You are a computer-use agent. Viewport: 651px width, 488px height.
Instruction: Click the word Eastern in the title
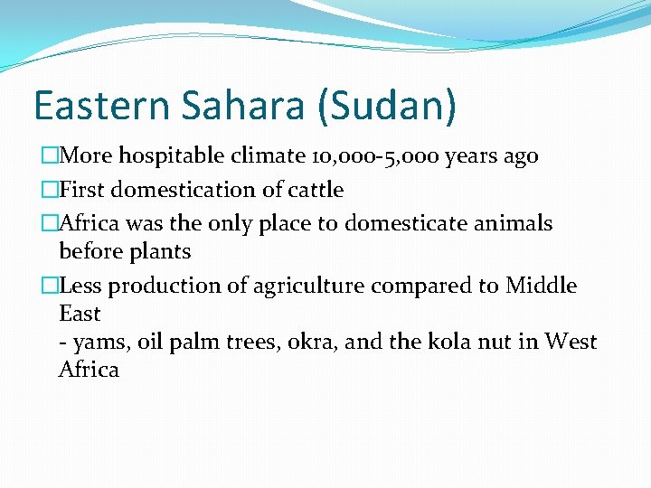tap(100, 106)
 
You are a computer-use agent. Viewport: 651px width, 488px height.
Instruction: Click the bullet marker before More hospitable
tap(49, 156)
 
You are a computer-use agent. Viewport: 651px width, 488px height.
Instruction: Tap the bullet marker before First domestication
tap(49, 190)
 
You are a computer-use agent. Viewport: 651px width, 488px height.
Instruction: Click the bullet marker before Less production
tap(49, 286)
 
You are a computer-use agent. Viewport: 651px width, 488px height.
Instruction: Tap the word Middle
tap(541, 286)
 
